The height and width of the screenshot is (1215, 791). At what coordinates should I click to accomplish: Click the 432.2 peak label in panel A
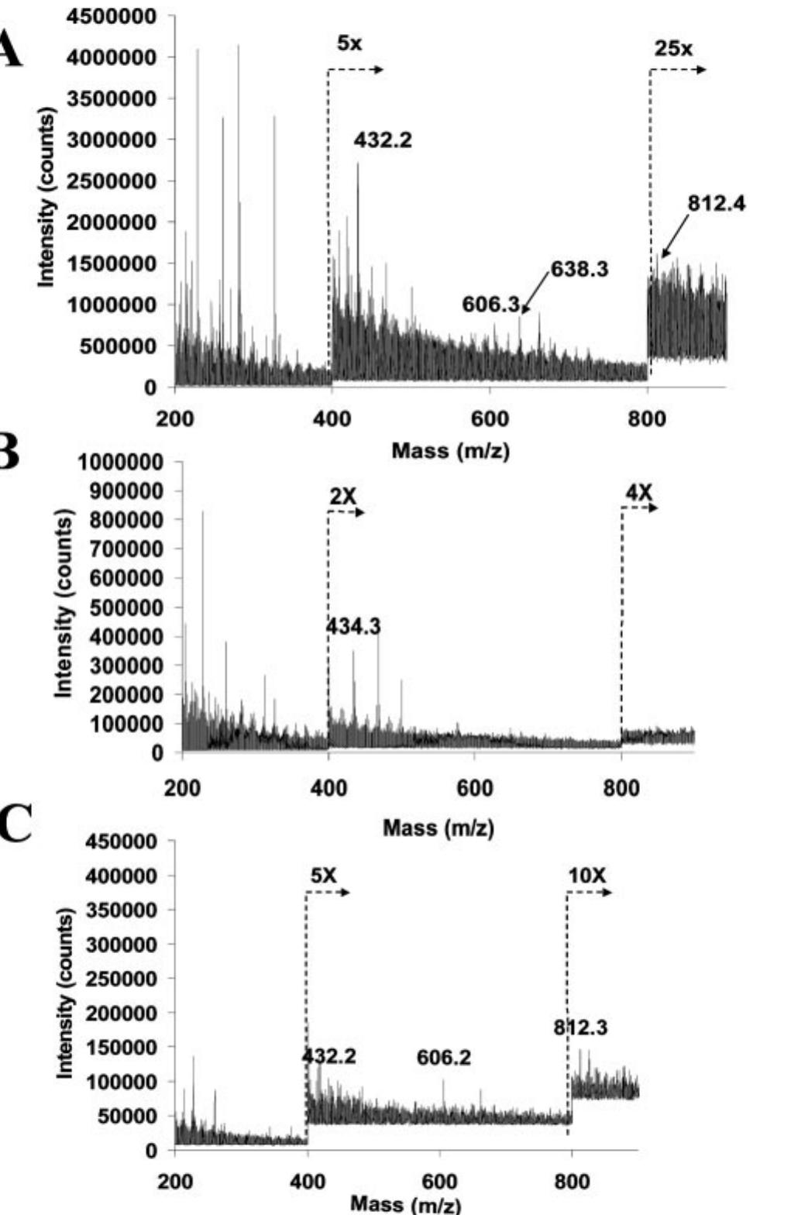pos(383,140)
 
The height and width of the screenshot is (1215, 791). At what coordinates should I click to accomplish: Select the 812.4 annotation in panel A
pos(717,204)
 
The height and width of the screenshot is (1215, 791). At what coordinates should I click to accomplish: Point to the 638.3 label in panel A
pos(579,270)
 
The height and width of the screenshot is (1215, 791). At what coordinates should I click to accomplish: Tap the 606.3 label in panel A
pos(490,305)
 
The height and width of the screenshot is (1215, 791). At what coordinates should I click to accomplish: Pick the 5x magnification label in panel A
pos(349,43)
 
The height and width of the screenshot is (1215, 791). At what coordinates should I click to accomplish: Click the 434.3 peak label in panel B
pos(353,626)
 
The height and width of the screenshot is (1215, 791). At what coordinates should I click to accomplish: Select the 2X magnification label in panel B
pos(342,497)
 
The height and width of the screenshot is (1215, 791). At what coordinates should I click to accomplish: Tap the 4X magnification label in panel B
pos(639,491)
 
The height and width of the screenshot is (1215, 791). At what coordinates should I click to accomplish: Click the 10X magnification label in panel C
pos(586,876)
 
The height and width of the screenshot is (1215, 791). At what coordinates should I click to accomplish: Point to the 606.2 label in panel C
pos(443,1058)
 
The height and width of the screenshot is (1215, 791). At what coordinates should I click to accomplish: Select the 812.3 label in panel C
pos(580,1028)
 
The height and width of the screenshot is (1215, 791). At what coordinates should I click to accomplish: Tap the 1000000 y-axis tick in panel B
pos(121,463)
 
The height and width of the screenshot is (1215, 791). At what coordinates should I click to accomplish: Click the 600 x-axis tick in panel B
pos(474,789)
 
